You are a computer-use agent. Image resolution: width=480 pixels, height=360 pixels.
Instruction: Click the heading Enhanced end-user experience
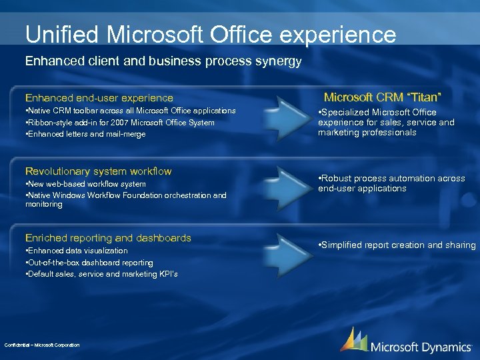pos(99,98)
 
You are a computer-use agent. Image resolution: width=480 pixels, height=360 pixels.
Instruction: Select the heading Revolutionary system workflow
pos(98,171)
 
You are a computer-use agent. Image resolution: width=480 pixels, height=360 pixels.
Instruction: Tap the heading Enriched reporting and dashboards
pos(108,238)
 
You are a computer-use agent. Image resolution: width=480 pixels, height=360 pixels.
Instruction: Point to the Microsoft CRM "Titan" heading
pos(383,97)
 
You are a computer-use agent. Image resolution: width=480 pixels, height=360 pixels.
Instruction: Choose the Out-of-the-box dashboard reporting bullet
pos(89,263)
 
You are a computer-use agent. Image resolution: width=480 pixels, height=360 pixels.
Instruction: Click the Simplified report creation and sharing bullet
pos(397,245)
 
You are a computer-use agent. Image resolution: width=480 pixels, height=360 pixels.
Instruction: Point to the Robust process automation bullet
pos(391,183)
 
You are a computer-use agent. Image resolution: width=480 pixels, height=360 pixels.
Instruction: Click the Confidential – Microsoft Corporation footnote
pos(41,345)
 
